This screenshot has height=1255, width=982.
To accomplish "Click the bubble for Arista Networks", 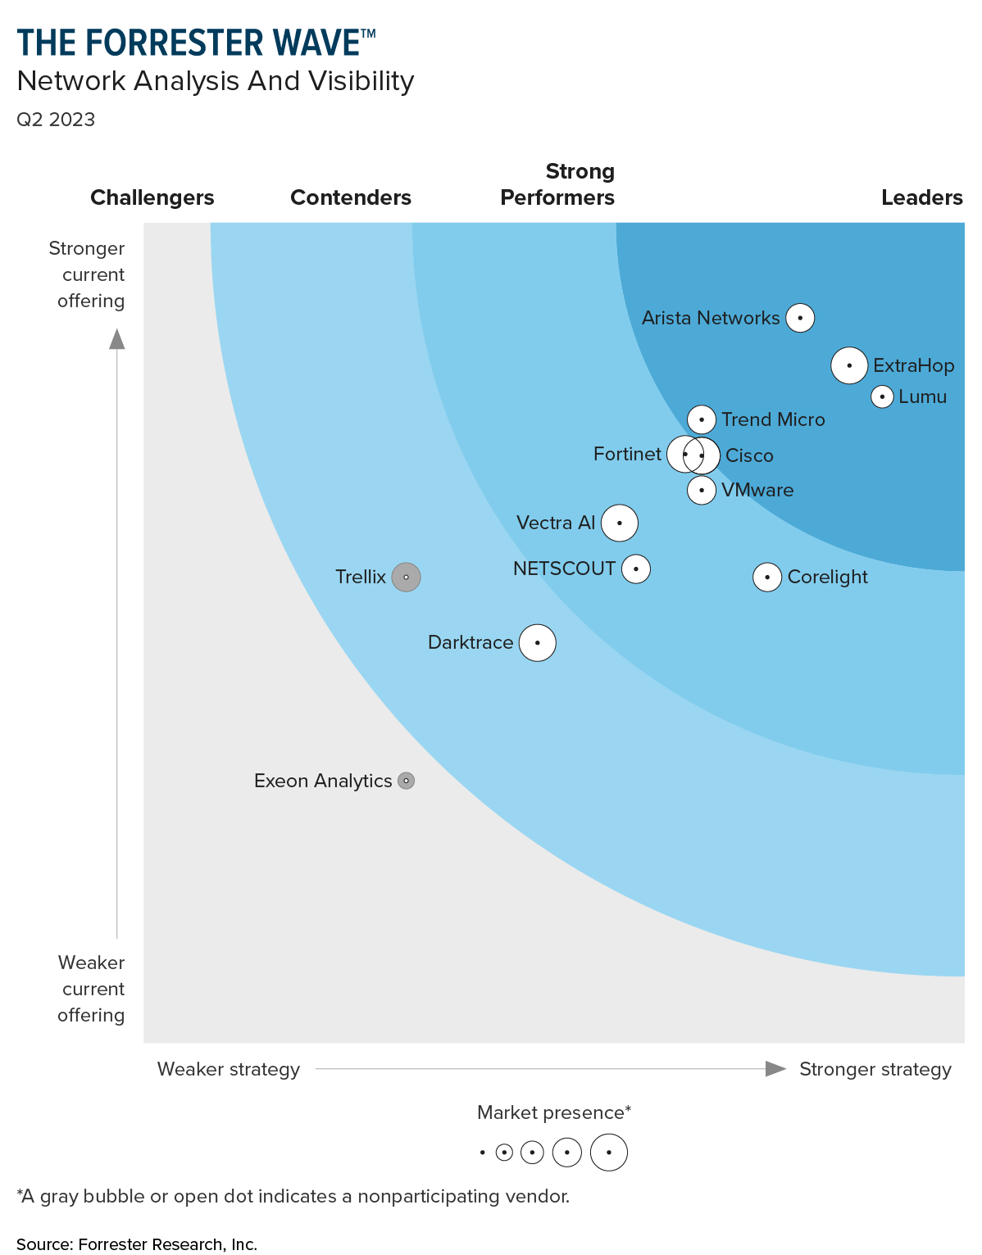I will click(800, 318).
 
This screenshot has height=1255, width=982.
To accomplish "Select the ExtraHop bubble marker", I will click(849, 365).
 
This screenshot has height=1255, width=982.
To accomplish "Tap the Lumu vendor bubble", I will click(882, 397).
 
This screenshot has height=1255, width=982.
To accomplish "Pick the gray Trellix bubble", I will click(406, 578).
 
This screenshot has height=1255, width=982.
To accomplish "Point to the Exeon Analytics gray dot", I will click(406, 782).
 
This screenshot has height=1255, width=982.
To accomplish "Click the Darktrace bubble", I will click(538, 643).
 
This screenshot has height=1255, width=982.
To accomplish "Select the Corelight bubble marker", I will click(767, 578).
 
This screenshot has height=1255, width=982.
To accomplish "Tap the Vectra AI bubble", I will click(620, 523).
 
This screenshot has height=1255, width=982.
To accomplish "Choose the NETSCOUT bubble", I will click(636, 569).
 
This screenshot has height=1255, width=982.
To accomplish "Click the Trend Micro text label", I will click(773, 419).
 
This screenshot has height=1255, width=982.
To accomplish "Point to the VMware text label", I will click(757, 490).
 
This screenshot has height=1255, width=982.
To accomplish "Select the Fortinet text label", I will click(627, 454).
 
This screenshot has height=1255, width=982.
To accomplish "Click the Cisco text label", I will click(749, 455).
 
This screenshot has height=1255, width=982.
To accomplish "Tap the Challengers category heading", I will click(152, 197).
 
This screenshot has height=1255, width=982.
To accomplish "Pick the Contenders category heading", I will click(351, 197).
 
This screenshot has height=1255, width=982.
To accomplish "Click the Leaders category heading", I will click(921, 197).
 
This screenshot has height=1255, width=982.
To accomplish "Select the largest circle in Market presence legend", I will click(609, 1153).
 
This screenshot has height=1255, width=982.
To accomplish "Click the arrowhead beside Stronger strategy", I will click(775, 1068).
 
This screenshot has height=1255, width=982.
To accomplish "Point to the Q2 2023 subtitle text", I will click(56, 120).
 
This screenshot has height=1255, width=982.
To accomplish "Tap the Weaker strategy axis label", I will click(229, 1069).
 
